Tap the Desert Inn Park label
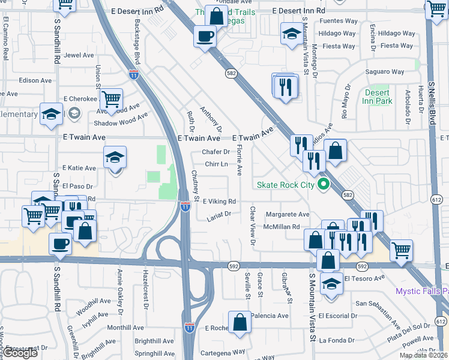tap(378, 97)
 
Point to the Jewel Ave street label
tap(79, 55)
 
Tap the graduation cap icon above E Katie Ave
tap(115, 157)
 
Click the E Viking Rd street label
tap(219, 202)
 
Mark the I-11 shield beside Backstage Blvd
tap(133, 74)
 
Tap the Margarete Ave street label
tap(288, 214)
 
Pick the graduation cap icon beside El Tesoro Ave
tap(331, 283)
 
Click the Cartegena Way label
tap(223, 352)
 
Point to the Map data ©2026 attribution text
tap(423, 355)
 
